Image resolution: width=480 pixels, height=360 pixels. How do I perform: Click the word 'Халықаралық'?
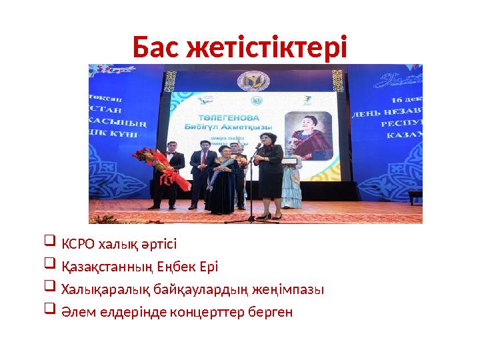(98, 290)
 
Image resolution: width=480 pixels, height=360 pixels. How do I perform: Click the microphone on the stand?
(258, 145)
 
